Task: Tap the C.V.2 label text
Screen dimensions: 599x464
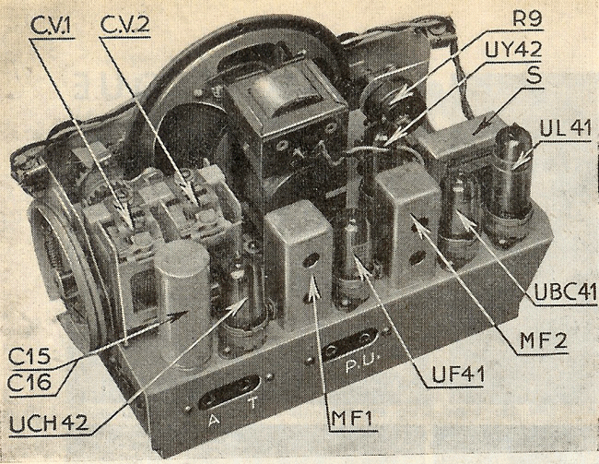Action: click(x=125, y=21)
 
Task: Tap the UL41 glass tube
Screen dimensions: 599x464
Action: click(x=511, y=189)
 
